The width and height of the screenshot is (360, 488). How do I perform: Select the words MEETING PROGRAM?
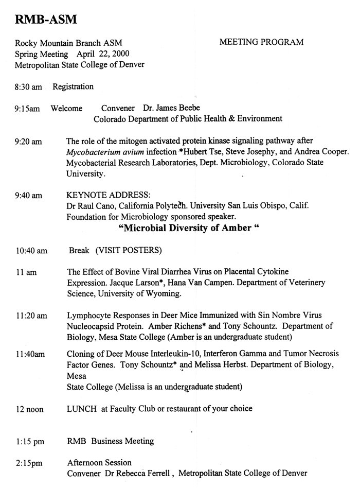[x=261, y=42]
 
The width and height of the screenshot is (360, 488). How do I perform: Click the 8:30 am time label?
[x=28, y=87]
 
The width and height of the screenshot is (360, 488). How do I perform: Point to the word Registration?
[x=73, y=86]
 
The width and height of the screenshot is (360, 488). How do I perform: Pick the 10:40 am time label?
[x=31, y=251]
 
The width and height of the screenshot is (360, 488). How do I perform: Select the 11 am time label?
[x=26, y=272]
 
